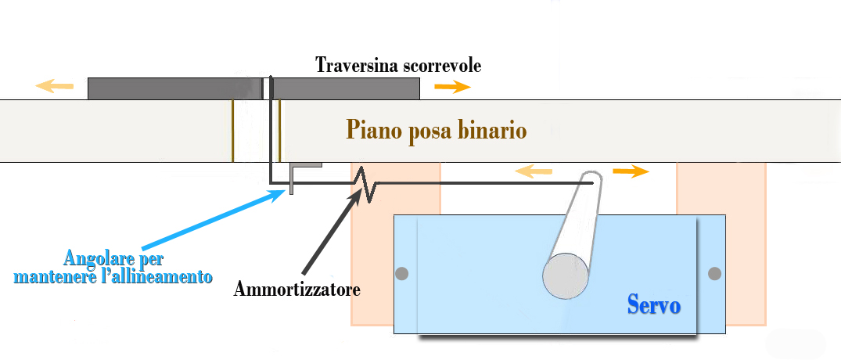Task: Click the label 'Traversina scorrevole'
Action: coord(398,65)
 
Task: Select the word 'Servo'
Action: coord(653,304)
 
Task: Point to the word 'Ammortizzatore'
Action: coord(297,289)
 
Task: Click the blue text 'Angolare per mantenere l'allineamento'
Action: coord(113,267)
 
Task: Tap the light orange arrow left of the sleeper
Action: coord(55,86)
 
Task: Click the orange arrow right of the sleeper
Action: coord(452,86)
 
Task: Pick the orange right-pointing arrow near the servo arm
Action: coord(631,171)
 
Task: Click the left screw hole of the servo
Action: coord(402,274)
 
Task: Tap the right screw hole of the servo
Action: coord(713,274)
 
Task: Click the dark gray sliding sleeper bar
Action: coord(172,88)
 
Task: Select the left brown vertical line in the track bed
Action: coord(232,131)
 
